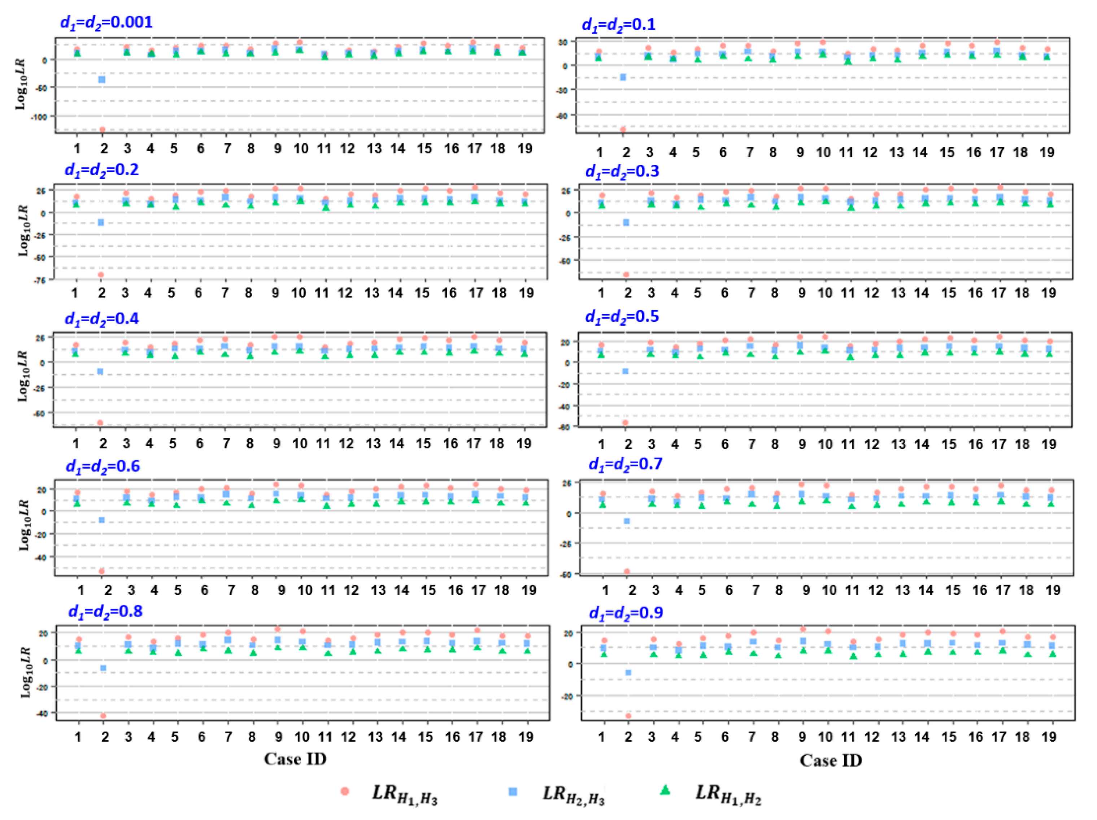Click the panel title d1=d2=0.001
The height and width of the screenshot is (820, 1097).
pos(106,23)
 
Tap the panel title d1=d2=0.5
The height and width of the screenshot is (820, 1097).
pos(622,317)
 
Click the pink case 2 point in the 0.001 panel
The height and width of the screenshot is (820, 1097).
pos(103,130)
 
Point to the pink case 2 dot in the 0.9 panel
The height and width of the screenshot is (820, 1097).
pos(628,716)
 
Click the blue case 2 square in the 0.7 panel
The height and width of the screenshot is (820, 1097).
pos(627,521)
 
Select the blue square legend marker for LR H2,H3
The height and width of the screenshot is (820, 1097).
pos(513,792)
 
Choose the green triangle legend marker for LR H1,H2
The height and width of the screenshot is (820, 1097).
pos(665,791)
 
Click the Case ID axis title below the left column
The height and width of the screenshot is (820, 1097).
pos(295,759)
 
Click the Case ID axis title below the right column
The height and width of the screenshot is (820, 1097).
pos(831,760)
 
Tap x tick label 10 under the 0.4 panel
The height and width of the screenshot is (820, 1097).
pos(300,443)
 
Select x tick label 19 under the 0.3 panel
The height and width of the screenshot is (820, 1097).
pos(1048,293)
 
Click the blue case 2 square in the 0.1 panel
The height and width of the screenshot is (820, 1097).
pos(623,77)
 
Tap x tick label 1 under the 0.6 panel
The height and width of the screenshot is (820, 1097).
pos(81,590)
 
